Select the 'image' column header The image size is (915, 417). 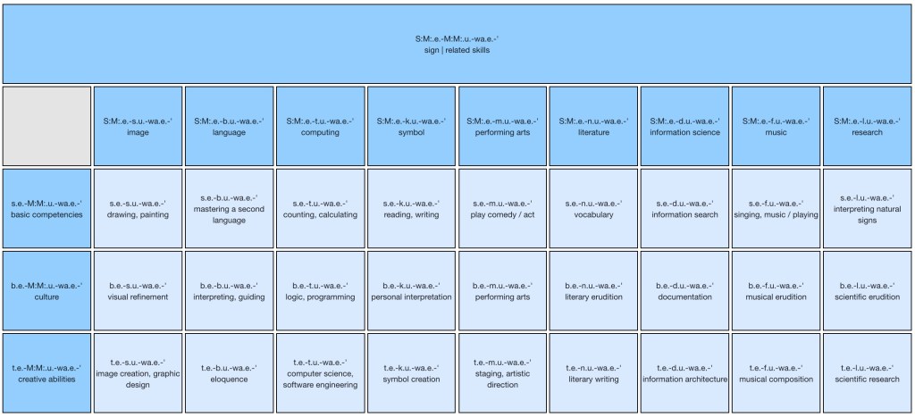[x=138, y=126]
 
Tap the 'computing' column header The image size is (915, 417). [x=321, y=126]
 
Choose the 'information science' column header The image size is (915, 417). [x=684, y=126]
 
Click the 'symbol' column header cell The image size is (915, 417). [x=411, y=126]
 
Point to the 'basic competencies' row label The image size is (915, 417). [x=46, y=208]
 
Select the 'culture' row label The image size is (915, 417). [x=46, y=290]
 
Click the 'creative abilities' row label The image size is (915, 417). [x=46, y=372]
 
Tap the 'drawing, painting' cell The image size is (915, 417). [x=138, y=208]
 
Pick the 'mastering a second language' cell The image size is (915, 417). [x=230, y=208]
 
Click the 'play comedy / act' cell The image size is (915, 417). [x=502, y=208]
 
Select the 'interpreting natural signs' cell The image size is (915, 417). [x=867, y=208]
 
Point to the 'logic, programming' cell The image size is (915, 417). [x=321, y=290]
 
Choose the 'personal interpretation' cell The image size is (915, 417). [x=411, y=290]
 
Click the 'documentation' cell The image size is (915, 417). [x=684, y=290]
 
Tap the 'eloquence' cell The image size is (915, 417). [x=230, y=372]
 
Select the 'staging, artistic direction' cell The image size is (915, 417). [x=502, y=372]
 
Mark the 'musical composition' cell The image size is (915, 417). [x=776, y=372]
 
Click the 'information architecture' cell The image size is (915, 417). [x=684, y=372]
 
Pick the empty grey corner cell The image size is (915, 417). [x=46, y=126]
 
